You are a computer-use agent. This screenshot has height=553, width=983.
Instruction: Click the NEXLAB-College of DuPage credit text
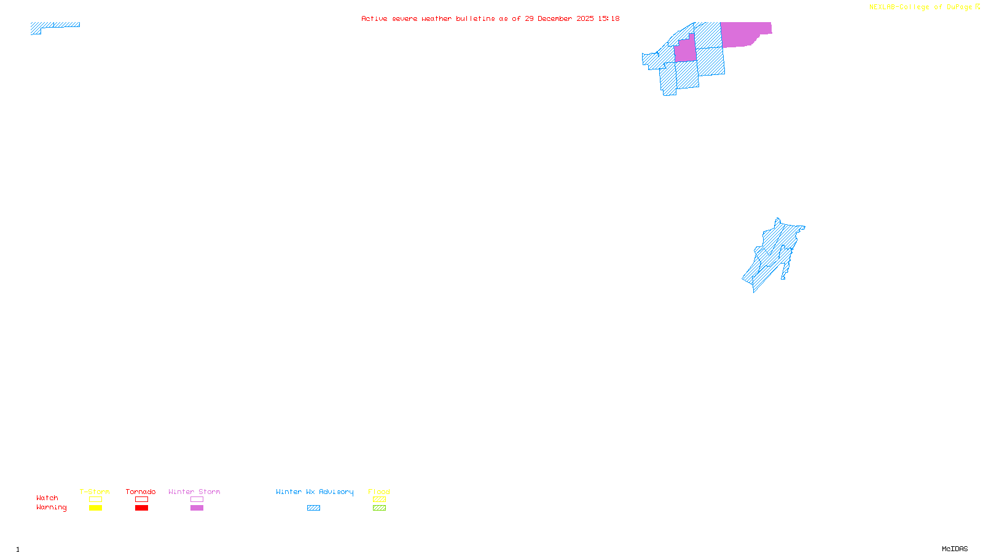tap(924, 7)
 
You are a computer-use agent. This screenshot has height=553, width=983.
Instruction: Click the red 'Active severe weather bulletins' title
tap(490, 18)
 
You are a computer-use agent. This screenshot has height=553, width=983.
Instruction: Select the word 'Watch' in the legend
tap(47, 498)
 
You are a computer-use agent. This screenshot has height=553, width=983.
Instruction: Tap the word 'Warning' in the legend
tap(52, 508)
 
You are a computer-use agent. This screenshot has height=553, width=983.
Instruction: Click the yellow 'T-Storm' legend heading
tap(95, 492)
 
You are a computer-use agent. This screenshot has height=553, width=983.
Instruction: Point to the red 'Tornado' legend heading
tap(141, 492)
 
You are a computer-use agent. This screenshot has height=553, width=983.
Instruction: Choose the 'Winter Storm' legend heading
tap(194, 492)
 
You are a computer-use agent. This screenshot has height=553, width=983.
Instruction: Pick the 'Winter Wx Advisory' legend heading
tap(315, 492)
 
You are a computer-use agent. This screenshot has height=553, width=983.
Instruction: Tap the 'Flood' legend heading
tap(379, 492)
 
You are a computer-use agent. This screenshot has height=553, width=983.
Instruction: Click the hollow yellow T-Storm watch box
tap(95, 500)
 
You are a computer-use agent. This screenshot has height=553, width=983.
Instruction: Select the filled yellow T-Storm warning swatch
tap(95, 508)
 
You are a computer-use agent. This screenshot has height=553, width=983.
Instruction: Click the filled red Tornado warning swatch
tap(141, 508)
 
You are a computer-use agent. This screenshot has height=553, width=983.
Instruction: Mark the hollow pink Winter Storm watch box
tap(197, 500)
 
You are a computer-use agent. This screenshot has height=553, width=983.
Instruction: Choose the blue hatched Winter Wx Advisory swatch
tap(313, 508)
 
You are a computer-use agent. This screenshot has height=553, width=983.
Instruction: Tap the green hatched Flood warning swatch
tap(379, 508)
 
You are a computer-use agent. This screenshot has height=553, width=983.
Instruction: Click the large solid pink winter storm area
tap(745, 34)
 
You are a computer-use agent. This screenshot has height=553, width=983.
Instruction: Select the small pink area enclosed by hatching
tap(686, 51)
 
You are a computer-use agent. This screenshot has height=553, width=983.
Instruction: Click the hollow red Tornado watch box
tap(141, 500)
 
